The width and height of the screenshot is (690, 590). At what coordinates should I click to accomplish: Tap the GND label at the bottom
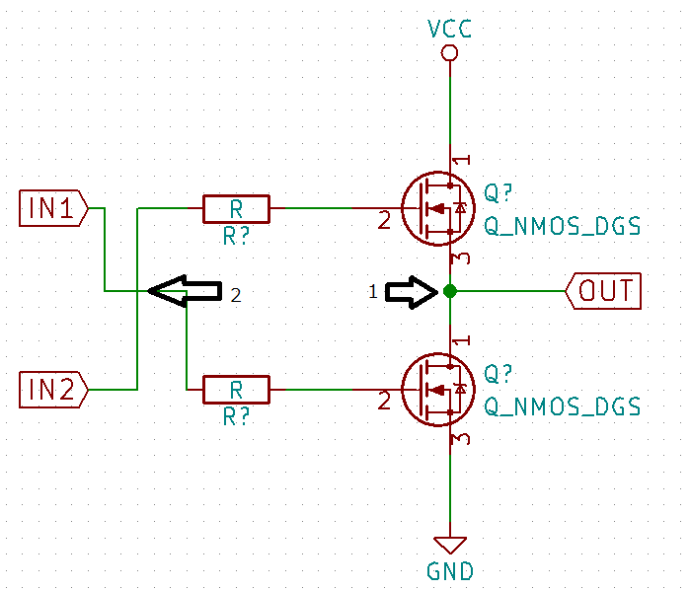click(x=450, y=571)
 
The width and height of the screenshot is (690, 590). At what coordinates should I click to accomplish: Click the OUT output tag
click(x=603, y=291)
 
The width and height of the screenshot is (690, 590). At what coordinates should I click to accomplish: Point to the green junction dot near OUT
click(x=450, y=291)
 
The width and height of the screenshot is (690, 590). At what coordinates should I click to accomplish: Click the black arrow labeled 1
click(x=412, y=291)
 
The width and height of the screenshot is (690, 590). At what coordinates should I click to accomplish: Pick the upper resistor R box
click(x=236, y=208)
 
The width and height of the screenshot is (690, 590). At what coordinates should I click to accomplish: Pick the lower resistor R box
click(x=236, y=390)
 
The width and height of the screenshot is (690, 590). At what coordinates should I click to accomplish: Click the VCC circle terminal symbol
click(x=450, y=54)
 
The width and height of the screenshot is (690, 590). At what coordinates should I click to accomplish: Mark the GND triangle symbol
click(x=450, y=545)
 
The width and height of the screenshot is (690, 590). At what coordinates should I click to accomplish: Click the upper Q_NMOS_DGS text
click(x=562, y=227)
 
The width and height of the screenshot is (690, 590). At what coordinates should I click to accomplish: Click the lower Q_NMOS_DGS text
click(x=562, y=407)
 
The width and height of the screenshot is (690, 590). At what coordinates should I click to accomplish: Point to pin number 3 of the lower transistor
click(x=460, y=439)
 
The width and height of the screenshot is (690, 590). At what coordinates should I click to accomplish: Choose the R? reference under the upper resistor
click(x=236, y=235)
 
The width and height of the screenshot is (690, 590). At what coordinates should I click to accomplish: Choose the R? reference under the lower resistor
click(x=236, y=416)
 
